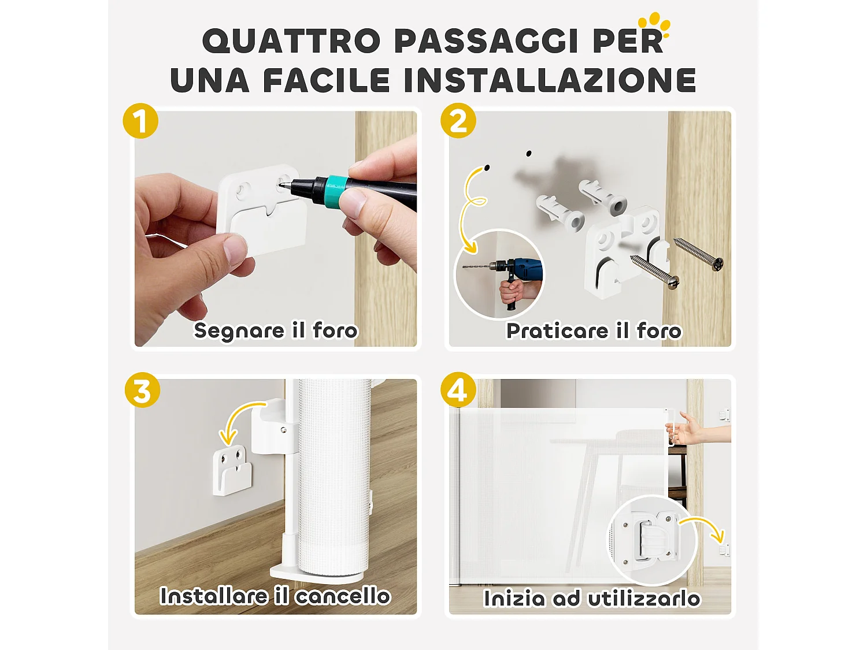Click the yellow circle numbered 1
tap(140, 121)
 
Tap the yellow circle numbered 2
tap(458, 121)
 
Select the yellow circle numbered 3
tap(142, 391)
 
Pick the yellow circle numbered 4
tap(458, 391)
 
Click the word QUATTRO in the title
tap(291, 42)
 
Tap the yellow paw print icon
tap(654, 24)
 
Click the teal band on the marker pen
tap(336, 187)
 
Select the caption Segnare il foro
tap(276, 330)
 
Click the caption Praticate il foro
tap(594, 331)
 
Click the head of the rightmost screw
tap(718, 264)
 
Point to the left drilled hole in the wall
tap(487, 168)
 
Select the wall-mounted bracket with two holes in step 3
tap(232, 469)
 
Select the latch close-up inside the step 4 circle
tap(652, 538)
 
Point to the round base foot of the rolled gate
tap(317, 573)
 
